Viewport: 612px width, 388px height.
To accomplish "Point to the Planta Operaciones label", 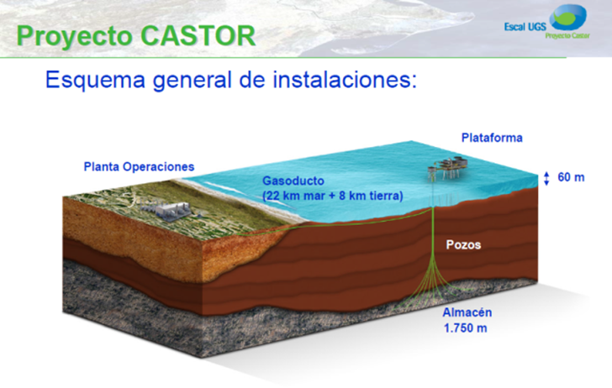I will tap(139, 166).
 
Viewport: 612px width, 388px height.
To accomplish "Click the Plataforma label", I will tap(493, 137).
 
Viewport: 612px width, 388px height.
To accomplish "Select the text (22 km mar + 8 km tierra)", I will tap(332, 196).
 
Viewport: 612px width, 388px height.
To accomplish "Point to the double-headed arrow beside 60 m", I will tap(546, 178).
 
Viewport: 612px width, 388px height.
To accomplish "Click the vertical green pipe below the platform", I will tap(432, 227).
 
